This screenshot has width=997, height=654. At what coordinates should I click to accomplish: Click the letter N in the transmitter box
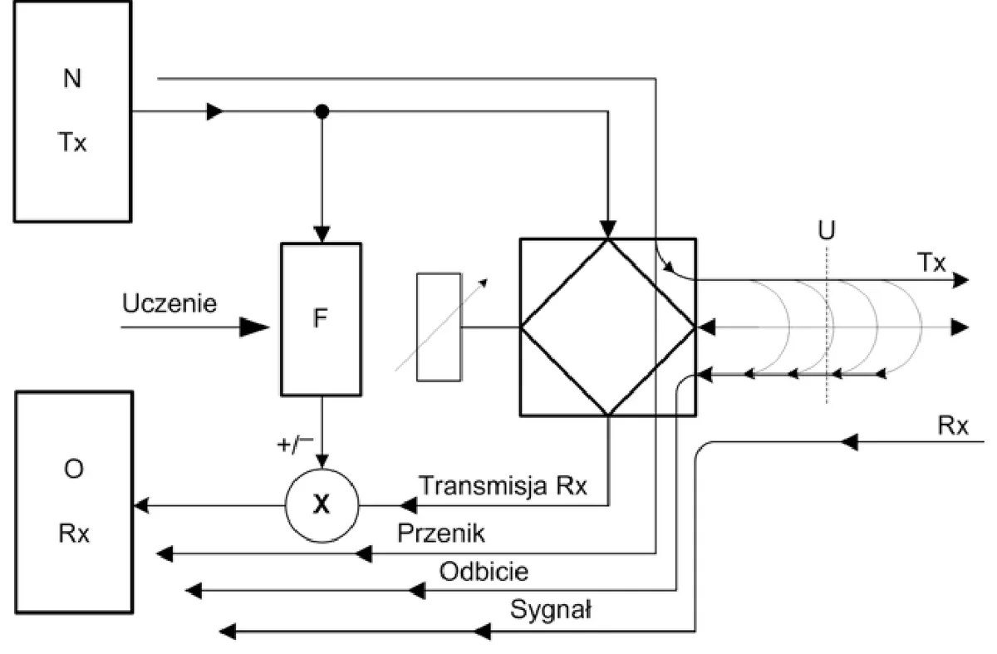pyautogui.click(x=72, y=78)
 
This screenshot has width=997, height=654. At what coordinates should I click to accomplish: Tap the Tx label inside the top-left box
pyautogui.click(x=72, y=142)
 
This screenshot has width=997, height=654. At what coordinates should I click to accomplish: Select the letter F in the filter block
pyautogui.click(x=321, y=318)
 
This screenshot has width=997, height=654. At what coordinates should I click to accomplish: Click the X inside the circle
pyautogui.click(x=322, y=505)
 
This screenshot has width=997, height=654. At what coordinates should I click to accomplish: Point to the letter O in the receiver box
pyautogui.click(x=73, y=469)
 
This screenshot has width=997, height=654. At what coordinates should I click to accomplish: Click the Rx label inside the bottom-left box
pyautogui.click(x=74, y=534)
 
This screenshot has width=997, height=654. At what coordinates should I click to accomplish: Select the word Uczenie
pyautogui.click(x=169, y=303)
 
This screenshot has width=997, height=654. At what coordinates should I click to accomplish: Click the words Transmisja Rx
pyautogui.click(x=503, y=485)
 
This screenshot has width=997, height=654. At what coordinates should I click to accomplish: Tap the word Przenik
pyautogui.click(x=440, y=533)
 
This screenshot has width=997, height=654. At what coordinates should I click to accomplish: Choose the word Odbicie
pyautogui.click(x=484, y=571)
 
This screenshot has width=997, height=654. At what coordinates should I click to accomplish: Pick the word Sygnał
pyautogui.click(x=551, y=610)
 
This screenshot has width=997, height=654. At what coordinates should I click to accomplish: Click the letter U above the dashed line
pyautogui.click(x=827, y=230)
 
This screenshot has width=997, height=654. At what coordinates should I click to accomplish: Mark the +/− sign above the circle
pyautogui.click(x=295, y=445)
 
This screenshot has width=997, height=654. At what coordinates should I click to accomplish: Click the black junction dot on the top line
pyautogui.click(x=322, y=111)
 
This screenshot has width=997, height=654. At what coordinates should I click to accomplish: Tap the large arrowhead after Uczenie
pyautogui.click(x=254, y=327)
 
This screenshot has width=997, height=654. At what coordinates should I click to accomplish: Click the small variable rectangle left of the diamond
pyautogui.click(x=439, y=327)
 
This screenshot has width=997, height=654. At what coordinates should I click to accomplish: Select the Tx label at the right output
pyautogui.click(x=931, y=263)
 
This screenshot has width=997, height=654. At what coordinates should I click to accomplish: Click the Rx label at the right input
pyautogui.click(x=953, y=425)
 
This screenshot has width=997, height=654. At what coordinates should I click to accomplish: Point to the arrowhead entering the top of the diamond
pyautogui.click(x=608, y=229)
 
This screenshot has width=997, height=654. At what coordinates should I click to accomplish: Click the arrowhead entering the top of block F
pyautogui.click(x=322, y=234)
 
